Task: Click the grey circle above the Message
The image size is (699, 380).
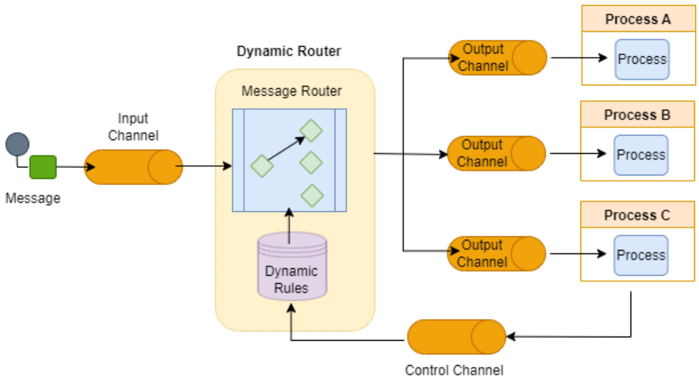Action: (x=17, y=144)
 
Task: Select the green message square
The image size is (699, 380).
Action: (x=43, y=167)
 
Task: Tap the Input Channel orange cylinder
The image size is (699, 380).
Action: (x=133, y=167)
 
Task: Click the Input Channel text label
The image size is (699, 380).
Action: (x=133, y=127)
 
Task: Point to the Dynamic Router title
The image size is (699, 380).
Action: (x=289, y=51)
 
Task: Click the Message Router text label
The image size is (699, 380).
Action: (x=291, y=91)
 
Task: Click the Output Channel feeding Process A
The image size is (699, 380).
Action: (x=497, y=58)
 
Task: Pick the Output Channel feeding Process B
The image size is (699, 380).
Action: (x=497, y=153)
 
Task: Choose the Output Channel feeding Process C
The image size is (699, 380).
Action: (x=497, y=253)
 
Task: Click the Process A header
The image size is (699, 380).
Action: (x=637, y=19)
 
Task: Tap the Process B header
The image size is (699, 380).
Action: (x=637, y=115)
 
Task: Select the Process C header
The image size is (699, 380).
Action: (x=637, y=215)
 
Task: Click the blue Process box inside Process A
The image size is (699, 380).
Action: (x=641, y=59)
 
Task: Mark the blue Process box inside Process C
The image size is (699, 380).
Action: (x=641, y=255)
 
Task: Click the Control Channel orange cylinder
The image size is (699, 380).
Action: (x=457, y=337)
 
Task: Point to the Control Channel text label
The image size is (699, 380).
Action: (x=454, y=371)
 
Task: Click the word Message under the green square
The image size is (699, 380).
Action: (x=33, y=198)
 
